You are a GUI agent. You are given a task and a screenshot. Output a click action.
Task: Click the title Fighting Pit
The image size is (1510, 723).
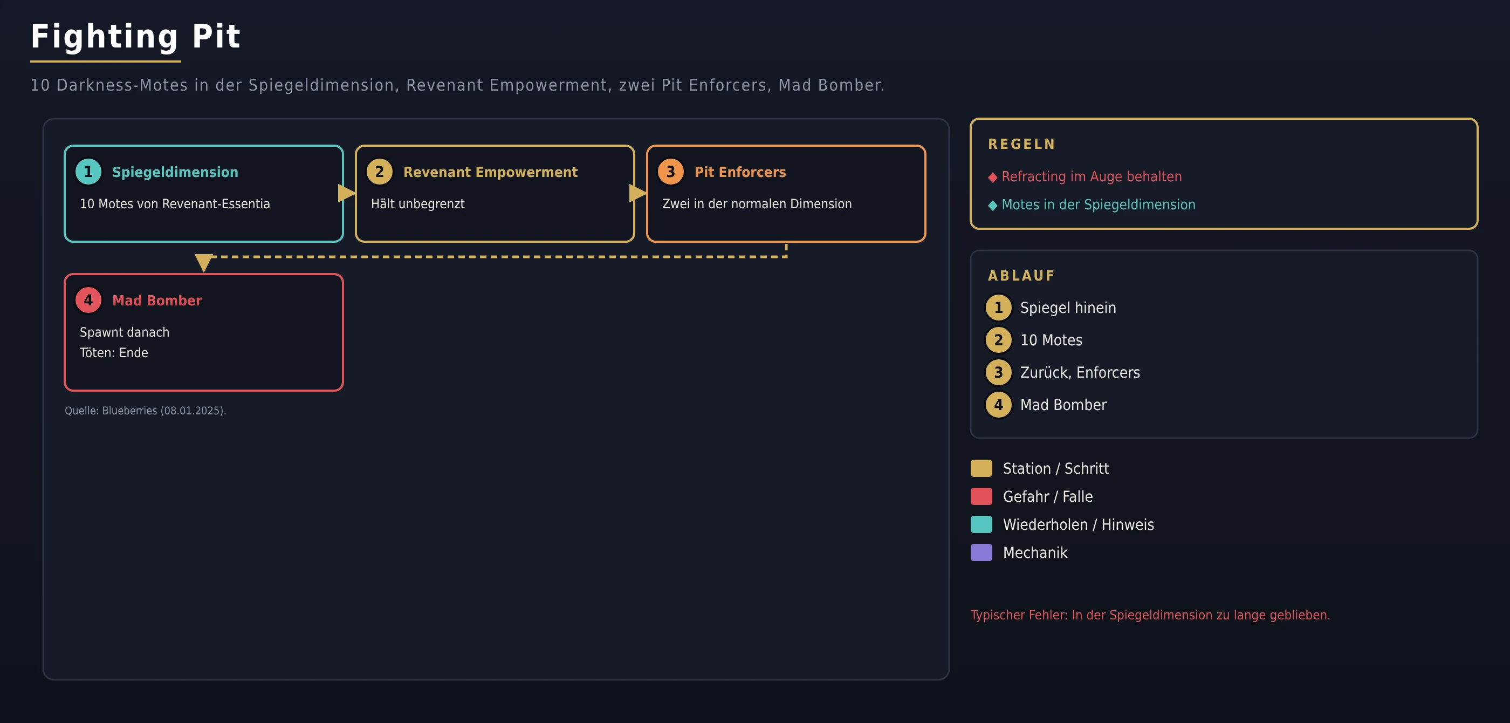pyautogui.click(x=135, y=36)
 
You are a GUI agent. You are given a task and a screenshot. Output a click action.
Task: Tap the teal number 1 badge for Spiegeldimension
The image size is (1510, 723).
pyautogui.click(x=88, y=172)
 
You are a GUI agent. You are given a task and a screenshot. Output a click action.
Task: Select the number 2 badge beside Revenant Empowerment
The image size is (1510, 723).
pyautogui.click(x=379, y=172)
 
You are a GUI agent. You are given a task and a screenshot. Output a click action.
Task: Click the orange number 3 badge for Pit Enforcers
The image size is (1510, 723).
pyautogui.click(x=670, y=172)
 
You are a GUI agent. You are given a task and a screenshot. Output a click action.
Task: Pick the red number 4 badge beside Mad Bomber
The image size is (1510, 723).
pyautogui.click(x=88, y=300)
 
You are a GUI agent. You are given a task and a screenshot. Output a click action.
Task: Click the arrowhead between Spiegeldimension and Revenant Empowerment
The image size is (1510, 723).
pyautogui.click(x=346, y=193)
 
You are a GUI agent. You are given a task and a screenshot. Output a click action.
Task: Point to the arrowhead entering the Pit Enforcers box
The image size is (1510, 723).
pyautogui.click(x=638, y=193)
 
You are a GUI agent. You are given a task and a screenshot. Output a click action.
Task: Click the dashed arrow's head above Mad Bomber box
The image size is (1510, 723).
pyautogui.click(x=203, y=263)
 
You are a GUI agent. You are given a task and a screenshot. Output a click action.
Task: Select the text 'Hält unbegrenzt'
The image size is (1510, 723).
pyautogui.click(x=417, y=204)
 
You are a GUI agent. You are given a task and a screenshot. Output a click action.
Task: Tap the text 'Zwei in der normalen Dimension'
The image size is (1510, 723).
pyautogui.click(x=757, y=204)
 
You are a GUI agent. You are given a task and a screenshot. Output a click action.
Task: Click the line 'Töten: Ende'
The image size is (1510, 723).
pyautogui.click(x=114, y=352)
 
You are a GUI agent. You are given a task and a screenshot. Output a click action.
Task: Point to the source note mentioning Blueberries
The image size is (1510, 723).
pyautogui.click(x=146, y=411)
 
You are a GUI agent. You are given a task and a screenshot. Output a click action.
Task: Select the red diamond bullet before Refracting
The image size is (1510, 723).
pyautogui.click(x=992, y=178)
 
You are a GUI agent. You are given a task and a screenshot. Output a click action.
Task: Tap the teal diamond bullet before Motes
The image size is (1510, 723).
pyautogui.click(x=992, y=206)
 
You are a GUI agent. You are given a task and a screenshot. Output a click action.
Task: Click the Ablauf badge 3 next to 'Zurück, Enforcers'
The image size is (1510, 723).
pyautogui.click(x=998, y=372)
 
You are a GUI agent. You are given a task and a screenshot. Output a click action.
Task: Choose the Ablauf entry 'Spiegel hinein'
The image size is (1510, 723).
pyautogui.click(x=1068, y=308)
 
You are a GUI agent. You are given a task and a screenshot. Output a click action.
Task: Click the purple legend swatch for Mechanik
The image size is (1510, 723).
pyautogui.click(x=981, y=553)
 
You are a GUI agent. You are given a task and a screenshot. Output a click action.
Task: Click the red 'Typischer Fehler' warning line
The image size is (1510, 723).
pyautogui.click(x=1150, y=615)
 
